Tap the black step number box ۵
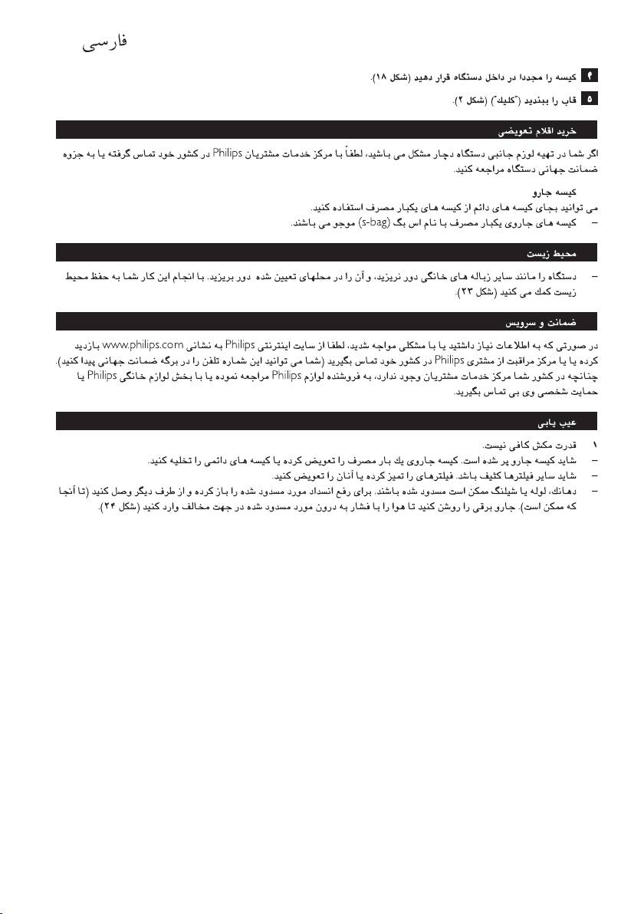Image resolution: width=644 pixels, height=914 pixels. click(x=591, y=100)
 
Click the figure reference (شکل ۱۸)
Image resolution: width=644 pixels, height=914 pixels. click(x=389, y=78)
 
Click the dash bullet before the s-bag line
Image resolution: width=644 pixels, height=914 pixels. click(x=592, y=223)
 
